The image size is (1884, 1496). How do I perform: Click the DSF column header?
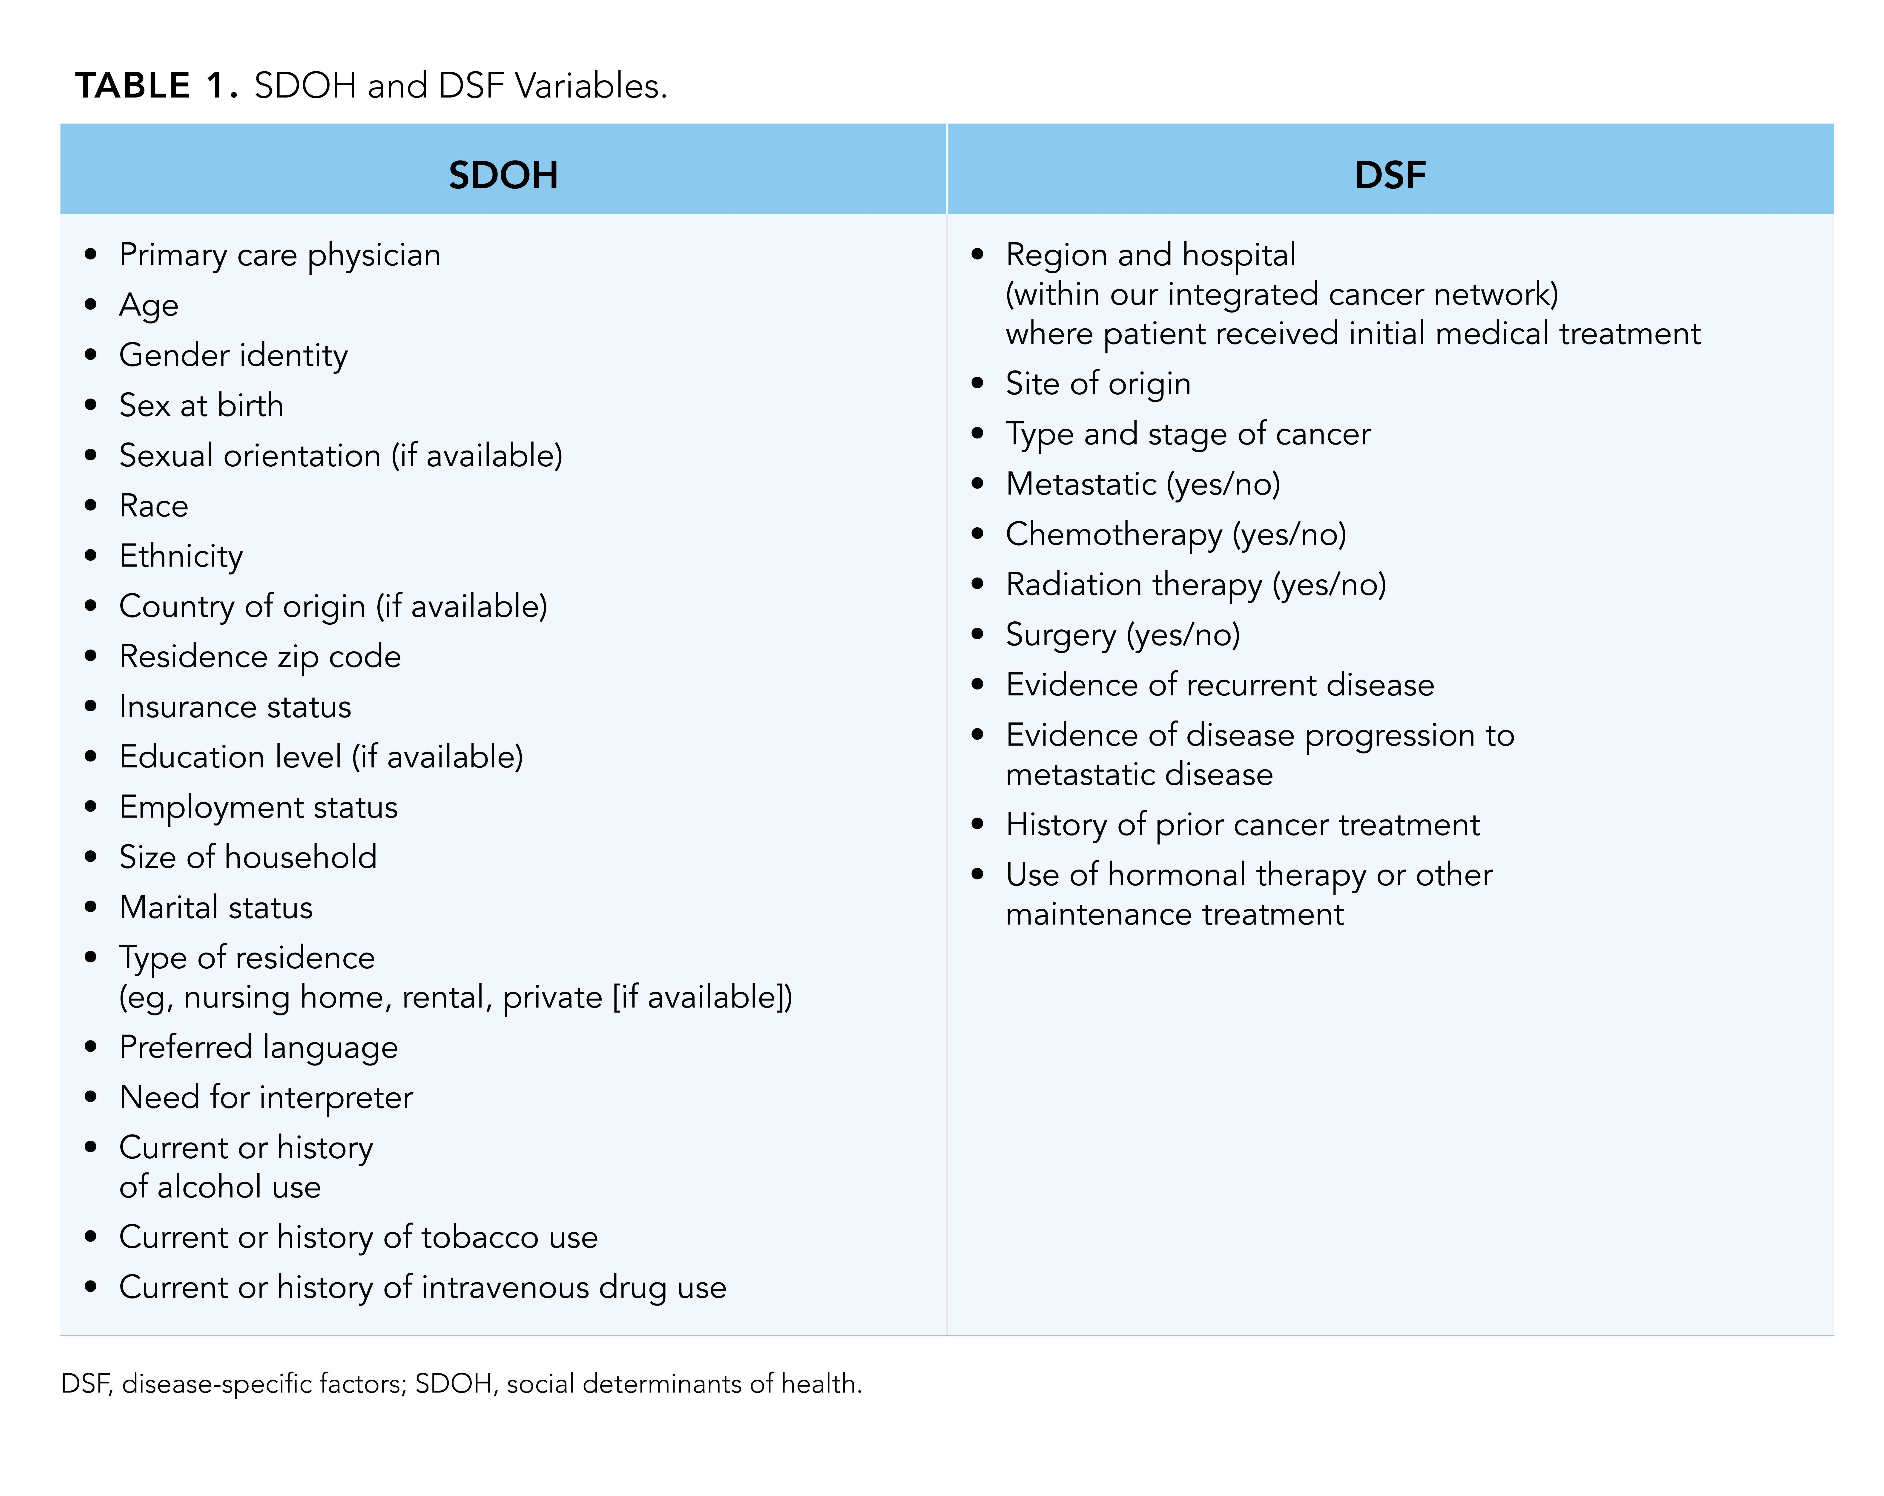click(x=1389, y=175)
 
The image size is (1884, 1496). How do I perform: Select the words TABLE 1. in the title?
click(x=155, y=86)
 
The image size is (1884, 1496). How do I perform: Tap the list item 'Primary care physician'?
click(x=280, y=255)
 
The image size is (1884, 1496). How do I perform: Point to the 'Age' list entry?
click(x=149, y=305)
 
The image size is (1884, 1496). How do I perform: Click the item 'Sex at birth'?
click(x=201, y=405)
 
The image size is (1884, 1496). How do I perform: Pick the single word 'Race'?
click(x=154, y=506)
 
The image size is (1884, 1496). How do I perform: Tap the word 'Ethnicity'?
click(x=181, y=556)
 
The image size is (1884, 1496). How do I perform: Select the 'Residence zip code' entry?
click(x=259, y=656)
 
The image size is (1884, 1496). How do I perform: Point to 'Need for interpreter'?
click(x=266, y=1097)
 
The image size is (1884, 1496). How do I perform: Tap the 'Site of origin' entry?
click(x=1097, y=384)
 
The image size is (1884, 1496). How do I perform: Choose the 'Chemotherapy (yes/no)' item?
click(x=1175, y=534)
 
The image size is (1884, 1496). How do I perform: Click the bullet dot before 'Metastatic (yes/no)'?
click(x=978, y=483)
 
